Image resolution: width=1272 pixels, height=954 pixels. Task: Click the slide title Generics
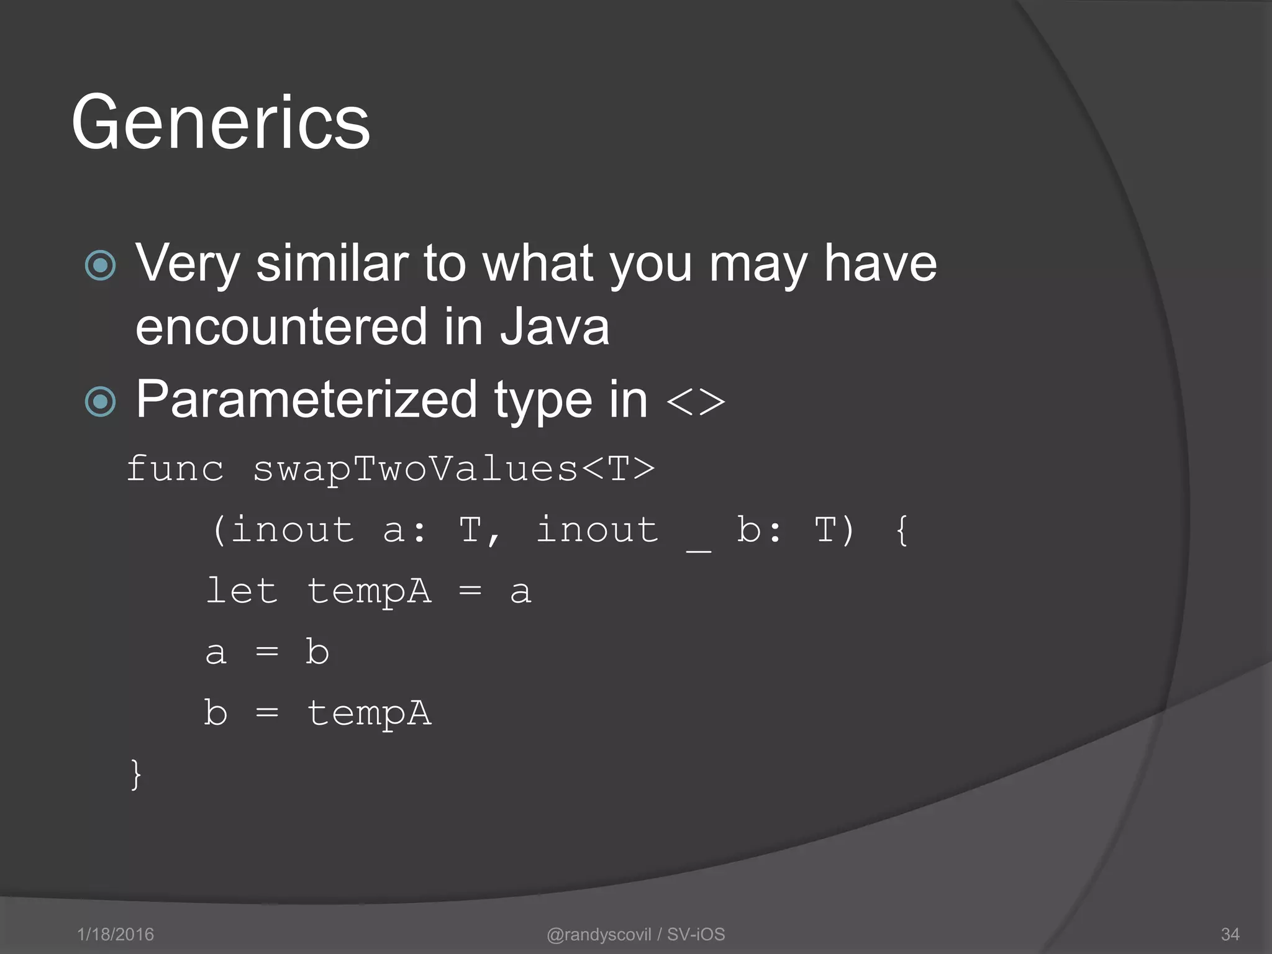point(220,122)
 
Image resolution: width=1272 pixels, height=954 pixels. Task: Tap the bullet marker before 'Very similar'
point(100,266)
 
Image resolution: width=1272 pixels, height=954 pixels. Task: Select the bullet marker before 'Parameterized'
point(100,401)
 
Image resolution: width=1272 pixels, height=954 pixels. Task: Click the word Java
point(555,327)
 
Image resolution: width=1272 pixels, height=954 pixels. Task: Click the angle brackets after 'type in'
point(696,402)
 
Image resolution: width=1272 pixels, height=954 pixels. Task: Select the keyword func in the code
point(175,469)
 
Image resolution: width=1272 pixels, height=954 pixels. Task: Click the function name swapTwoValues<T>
point(453,469)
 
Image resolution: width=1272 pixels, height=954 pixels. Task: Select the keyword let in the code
point(242,591)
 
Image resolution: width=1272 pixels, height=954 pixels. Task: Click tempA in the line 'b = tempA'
point(369,713)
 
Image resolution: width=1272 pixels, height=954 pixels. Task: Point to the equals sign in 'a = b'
point(267,652)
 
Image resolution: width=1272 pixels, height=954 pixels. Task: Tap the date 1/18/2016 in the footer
point(116,934)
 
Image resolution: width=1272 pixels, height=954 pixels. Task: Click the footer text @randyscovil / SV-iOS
point(635,934)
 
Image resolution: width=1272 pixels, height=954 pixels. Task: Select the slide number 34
point(1230,934)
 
